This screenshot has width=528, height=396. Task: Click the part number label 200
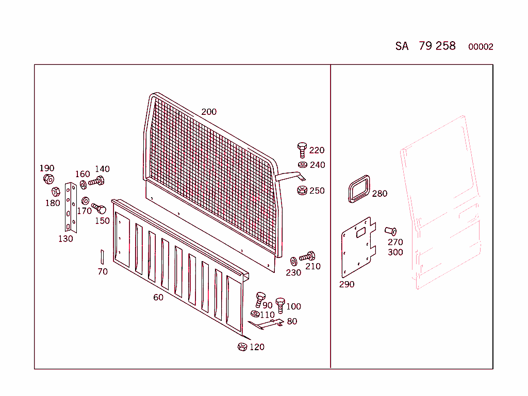209,112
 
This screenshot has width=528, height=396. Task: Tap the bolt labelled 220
302,150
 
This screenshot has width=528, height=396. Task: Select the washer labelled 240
302,165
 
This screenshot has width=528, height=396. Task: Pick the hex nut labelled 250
302,190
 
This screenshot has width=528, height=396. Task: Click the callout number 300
395,252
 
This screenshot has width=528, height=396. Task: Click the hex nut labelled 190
48,179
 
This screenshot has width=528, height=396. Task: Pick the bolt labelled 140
97,181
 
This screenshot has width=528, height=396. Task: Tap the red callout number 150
102,221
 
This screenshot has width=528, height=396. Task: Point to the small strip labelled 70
102,256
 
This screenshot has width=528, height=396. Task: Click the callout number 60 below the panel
158,297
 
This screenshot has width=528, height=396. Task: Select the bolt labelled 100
280,304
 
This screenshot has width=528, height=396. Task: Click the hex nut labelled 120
242,347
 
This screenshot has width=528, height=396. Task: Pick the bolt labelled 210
307,256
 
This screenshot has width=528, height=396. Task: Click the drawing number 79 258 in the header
437,46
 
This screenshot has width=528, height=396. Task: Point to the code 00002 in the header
481,47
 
